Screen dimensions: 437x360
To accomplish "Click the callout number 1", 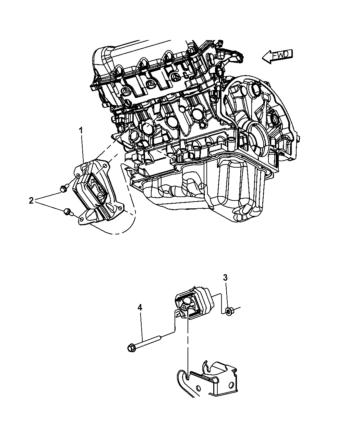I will [81, 130].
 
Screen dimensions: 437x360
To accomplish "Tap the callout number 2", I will [31, 201].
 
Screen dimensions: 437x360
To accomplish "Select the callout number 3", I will [225, 278].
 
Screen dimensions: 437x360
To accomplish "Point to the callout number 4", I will [140, 308].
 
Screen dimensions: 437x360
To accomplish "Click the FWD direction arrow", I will [277, 56].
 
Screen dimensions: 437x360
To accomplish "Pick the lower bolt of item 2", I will [67, 212].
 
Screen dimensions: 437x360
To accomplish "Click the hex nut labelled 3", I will [228, 311].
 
